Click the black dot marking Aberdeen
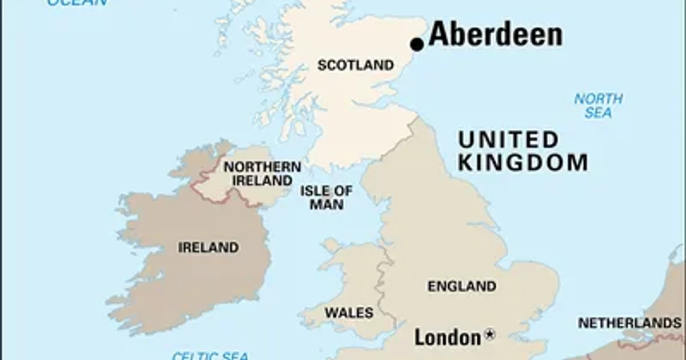tap(417, 44)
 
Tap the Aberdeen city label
tap(495, 35)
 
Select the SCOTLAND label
tap(356, 65)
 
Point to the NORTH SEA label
tap(598, 106)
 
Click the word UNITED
tap(508, 140)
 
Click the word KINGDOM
tap(523, 163)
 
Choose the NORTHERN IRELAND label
tap(262, 174)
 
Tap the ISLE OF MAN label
tap(326, 197)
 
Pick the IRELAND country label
tap(208, 248)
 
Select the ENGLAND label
tap(462, 286)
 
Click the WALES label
tap(349, 313)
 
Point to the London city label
tap(448, 337)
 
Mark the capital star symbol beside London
tap(489, 335)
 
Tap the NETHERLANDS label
tap(629, 323)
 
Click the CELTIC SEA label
tap(210, 355)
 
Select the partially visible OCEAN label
tap(77, 2)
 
